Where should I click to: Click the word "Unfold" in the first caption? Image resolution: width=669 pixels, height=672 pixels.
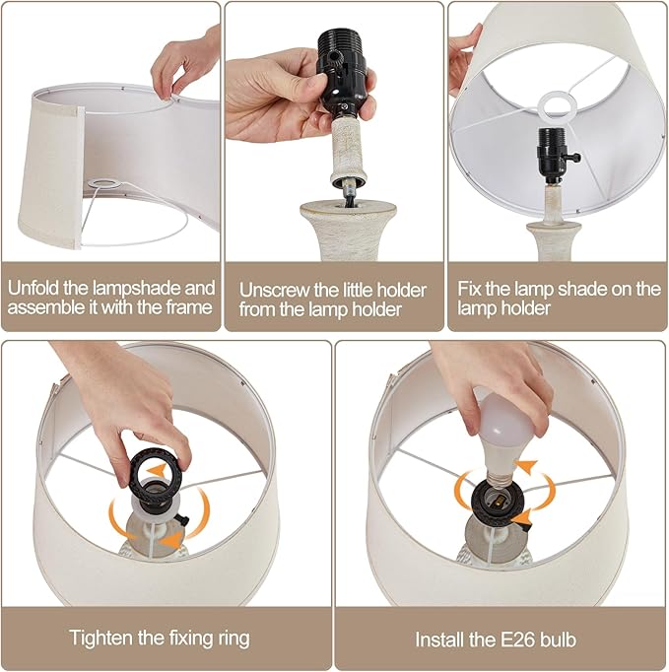[33, 288]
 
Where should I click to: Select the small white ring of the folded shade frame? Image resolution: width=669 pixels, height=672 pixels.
[104, 184]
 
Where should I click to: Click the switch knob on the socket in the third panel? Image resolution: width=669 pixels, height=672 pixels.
[574, 157]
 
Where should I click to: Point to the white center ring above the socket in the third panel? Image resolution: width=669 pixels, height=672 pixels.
[558, 105]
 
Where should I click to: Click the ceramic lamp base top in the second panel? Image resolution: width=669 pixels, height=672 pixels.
[347, 212]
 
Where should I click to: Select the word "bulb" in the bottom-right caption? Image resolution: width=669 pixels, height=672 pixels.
[557, 639]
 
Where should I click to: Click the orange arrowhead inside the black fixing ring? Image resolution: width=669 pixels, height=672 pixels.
[158, 468]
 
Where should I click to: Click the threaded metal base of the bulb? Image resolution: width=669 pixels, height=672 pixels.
[501, 480]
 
